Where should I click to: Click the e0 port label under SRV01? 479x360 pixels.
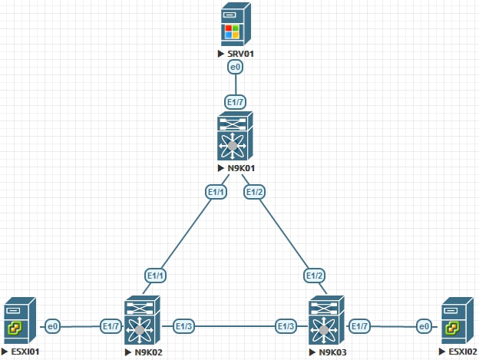(236, 68)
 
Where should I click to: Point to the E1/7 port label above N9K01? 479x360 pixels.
(236, 101)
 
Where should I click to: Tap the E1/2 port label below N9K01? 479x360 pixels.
(254, 190)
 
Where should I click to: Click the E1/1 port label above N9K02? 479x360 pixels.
(157, 274)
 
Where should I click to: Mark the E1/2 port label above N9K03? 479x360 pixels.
(315, 274)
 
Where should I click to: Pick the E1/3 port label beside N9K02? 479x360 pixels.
(185, 326)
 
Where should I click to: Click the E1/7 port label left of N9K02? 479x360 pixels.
(111, 326)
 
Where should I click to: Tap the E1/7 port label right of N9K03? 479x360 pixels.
(359, 326)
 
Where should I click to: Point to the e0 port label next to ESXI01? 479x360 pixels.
(53, 326)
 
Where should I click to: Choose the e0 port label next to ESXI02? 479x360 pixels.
(423, 326)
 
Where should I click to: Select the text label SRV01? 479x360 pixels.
(240, 55)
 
